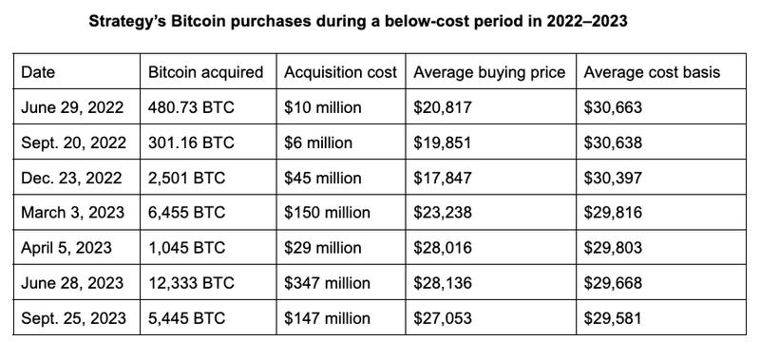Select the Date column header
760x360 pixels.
coord(38,72)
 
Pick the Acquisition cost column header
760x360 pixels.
coord(340,72)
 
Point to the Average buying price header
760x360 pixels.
coord(489,72)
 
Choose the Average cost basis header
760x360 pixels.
coord(652,72)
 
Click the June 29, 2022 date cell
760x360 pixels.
coord(72,107)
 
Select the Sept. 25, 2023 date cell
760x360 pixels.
coord(73,318)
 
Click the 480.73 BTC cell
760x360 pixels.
coord(191,107)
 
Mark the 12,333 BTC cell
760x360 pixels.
coord(191,283)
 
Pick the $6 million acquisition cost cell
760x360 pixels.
coord(318,142)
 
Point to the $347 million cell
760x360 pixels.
coord(327,283)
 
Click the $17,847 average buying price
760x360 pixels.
coord(442,178)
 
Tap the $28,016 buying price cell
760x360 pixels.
coord(442,248)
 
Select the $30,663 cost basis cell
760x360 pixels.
coord(613,107)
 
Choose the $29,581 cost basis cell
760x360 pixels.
coord(613,318)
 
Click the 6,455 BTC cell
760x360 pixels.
coord(187,213)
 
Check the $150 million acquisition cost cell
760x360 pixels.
coord(327,213)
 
